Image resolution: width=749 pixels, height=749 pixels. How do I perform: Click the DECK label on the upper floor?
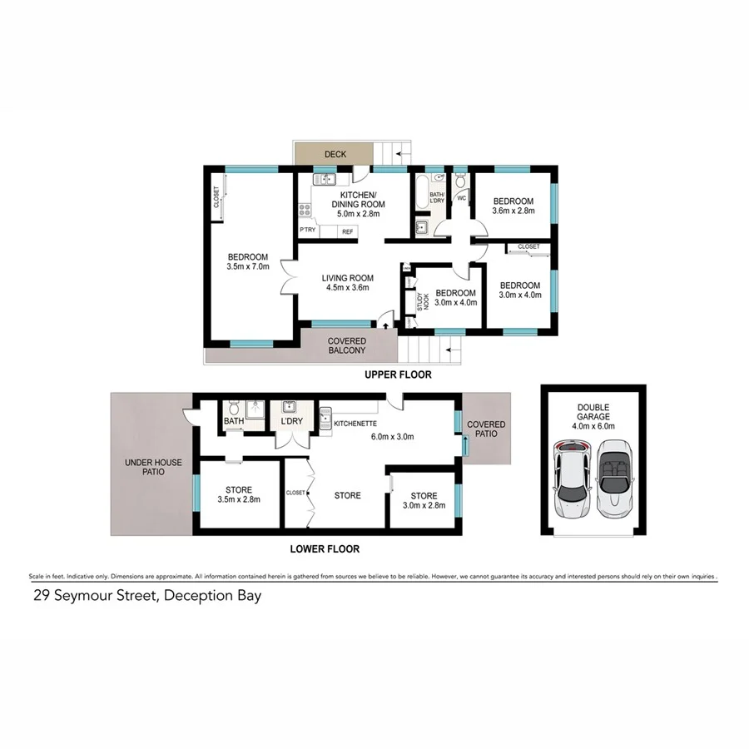point(335,154)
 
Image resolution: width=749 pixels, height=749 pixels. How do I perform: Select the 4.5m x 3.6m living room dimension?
point(348,288)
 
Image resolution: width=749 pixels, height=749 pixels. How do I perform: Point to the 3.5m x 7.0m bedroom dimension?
point(249,267)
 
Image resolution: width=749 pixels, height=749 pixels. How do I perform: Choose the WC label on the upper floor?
point(462,198)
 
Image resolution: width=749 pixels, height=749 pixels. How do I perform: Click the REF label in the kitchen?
point(348,231)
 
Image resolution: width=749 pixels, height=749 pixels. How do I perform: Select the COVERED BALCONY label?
point(347,345)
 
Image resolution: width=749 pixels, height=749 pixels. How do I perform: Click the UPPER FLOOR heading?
point(398,374)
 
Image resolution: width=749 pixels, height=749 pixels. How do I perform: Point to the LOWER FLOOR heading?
point(325,548)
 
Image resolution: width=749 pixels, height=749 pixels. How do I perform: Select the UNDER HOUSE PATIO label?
point(153,467)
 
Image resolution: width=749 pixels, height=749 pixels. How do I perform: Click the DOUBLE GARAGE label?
point(593,413)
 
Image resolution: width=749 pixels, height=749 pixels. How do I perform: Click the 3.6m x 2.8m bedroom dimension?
point(513,211)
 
